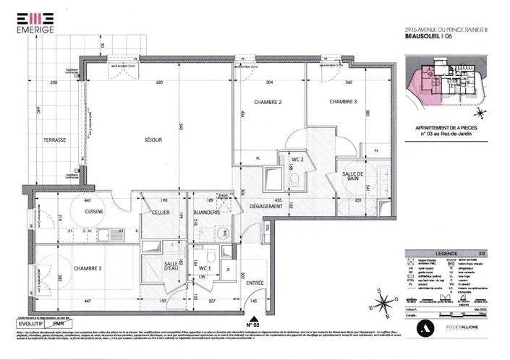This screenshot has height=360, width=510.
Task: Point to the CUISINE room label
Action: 96,211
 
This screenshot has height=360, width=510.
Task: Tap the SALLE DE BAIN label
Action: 353,179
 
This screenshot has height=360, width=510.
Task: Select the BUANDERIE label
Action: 207,211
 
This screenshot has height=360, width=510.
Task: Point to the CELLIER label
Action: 161,211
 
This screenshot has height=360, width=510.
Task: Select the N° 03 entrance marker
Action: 252,325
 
